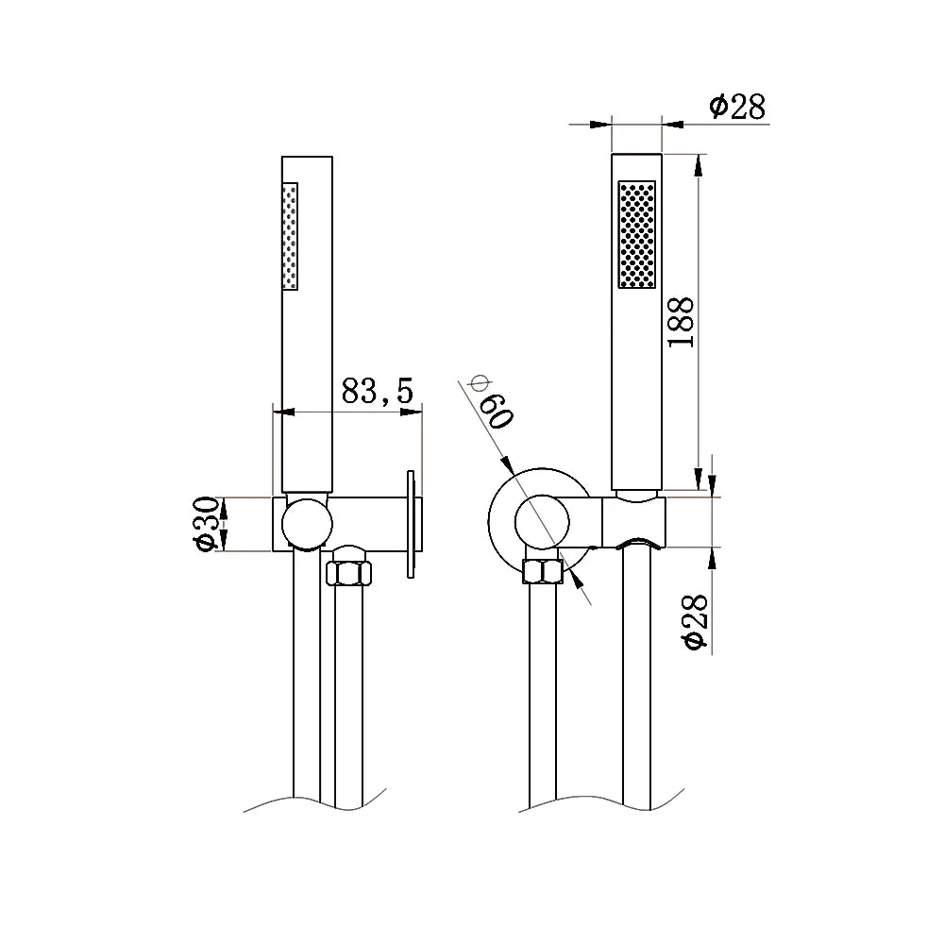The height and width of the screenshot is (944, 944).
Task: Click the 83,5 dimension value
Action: [x=378, y=392]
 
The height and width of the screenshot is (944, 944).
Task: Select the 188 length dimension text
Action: [x=680, y=321]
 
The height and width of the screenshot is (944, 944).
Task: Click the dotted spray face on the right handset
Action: [x=636, y=234]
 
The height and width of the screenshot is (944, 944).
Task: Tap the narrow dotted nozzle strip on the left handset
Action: [x=291, y=236]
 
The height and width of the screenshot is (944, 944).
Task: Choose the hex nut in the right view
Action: [x=543, y=573]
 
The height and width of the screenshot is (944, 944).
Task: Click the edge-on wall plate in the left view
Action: [x=412, y=523]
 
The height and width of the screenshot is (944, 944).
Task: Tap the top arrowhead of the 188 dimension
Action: [x=698, y=162]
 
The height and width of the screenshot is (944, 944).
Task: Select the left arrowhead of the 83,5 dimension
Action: [x=280, y=412]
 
